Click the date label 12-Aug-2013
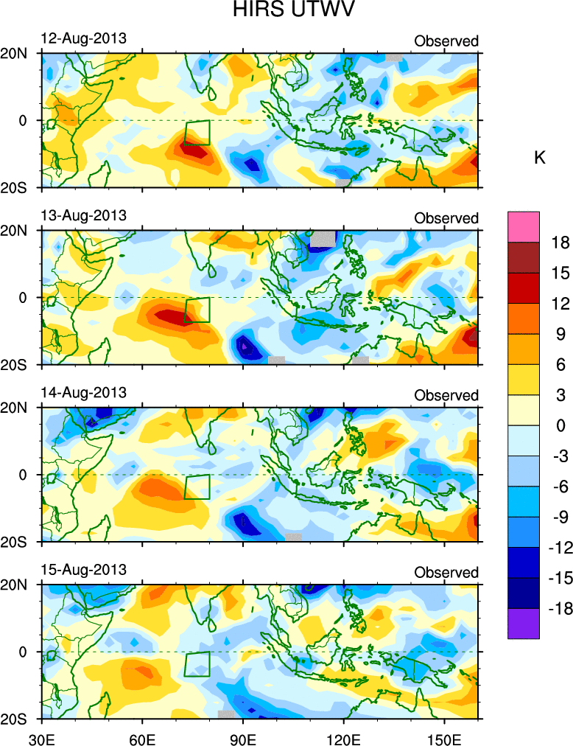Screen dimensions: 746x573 (83, 38)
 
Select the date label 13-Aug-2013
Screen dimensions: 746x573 (83, 215)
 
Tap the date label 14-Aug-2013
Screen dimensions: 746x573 (83, 392)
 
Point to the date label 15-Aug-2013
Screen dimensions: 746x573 (83, 570)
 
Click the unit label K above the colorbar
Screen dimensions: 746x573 (539, 158)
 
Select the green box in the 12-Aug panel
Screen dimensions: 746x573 (197, 133)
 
